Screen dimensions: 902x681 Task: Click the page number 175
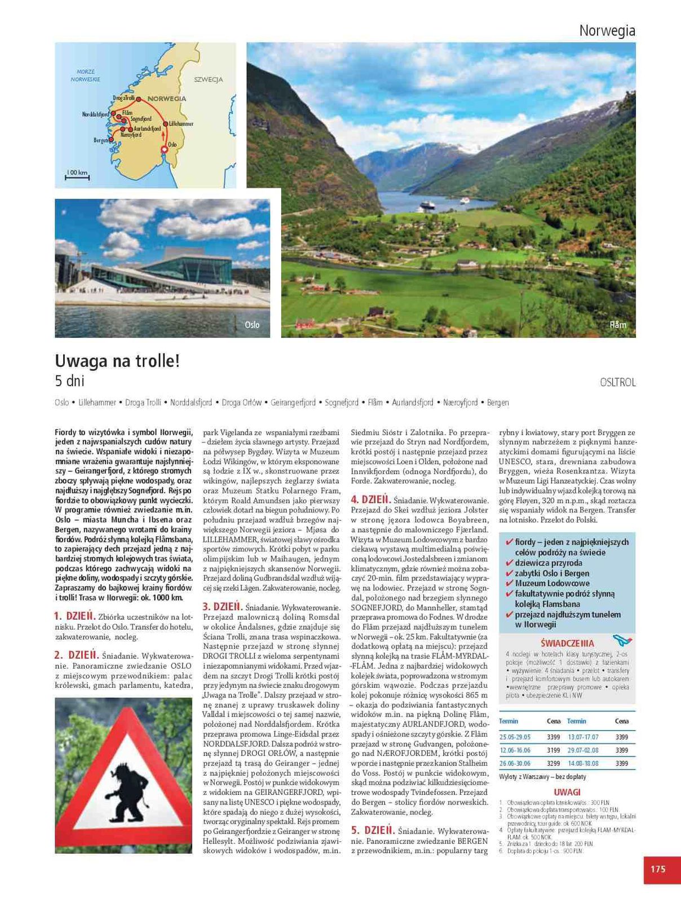(658, 869)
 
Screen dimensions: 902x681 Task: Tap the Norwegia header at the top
(607, 31)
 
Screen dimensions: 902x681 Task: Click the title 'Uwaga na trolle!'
(117, 361)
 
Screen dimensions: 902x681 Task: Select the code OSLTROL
(618, 382)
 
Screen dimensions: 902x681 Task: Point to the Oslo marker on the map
(164, 149)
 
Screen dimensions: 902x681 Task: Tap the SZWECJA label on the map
(209, 79)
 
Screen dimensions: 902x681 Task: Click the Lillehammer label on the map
(181, 123)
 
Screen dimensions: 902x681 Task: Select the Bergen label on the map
(100, 140)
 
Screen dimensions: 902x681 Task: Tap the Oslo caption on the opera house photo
(252, 325)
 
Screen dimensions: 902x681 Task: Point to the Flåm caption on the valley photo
(618, 325)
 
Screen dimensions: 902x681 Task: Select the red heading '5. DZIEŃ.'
(372, 830)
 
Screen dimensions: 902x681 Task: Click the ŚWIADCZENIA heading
(567, 643)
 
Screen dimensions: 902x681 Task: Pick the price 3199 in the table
(554, 750)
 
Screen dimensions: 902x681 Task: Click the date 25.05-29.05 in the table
(515, 737)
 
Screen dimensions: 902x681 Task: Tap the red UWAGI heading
(567, 792)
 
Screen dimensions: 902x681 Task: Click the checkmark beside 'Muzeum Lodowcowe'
(510, 583)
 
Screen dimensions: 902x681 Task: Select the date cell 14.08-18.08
(583, 764)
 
